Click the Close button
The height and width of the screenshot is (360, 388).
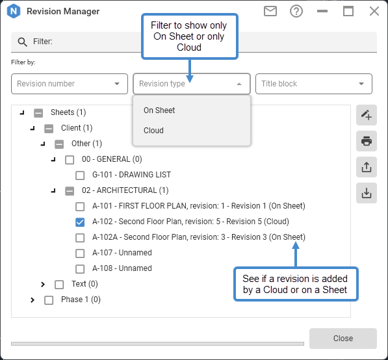coord(343,338)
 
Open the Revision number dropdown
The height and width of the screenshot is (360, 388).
coord(70,84)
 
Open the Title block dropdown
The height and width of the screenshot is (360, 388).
coord(314,84)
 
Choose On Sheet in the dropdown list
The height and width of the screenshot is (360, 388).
coord(159,110)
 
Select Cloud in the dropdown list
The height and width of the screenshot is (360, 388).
coord(153,131)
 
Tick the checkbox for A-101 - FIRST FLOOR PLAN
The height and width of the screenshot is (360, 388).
coord(80,207)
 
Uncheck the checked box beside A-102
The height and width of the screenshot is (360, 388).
coord(80,222)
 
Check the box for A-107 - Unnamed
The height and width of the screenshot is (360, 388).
coord(80,253)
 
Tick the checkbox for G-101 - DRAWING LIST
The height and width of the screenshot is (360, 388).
coord(80,175)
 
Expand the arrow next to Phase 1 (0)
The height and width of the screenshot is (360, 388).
coord(32,300)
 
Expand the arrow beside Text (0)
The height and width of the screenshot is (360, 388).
coord(43,285)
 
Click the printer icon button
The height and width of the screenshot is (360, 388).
coord(367,141)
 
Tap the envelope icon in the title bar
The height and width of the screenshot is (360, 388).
coord(270,11)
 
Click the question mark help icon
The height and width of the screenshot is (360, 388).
coord(296,11)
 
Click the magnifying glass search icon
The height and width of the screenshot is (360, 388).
coord(22,42)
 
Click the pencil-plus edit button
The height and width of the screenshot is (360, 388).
coord(367,115)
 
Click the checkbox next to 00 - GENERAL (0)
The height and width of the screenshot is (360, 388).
coord(70,160)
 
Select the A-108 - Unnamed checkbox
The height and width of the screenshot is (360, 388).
coord(80,269)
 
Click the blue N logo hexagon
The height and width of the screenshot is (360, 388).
coord(14,11)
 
